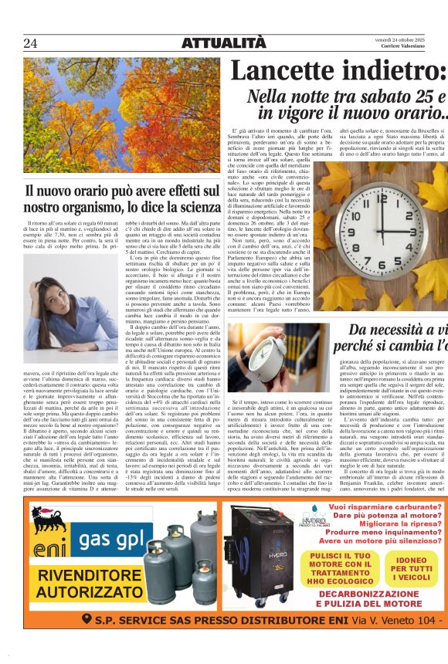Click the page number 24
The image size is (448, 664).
[x=31, y=42]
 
